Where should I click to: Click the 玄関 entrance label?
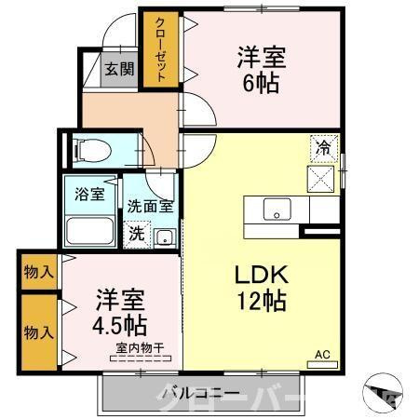pos(117,68)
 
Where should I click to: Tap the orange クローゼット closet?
pos(159,50)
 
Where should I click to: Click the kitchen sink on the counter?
pos(276,209)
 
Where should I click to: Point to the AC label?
pos(322,355)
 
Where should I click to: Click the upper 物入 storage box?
pos(38,274)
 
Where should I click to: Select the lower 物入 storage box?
pos(38,332)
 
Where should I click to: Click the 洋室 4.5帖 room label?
pos(118,315)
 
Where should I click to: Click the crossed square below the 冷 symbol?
pos(321,177)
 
